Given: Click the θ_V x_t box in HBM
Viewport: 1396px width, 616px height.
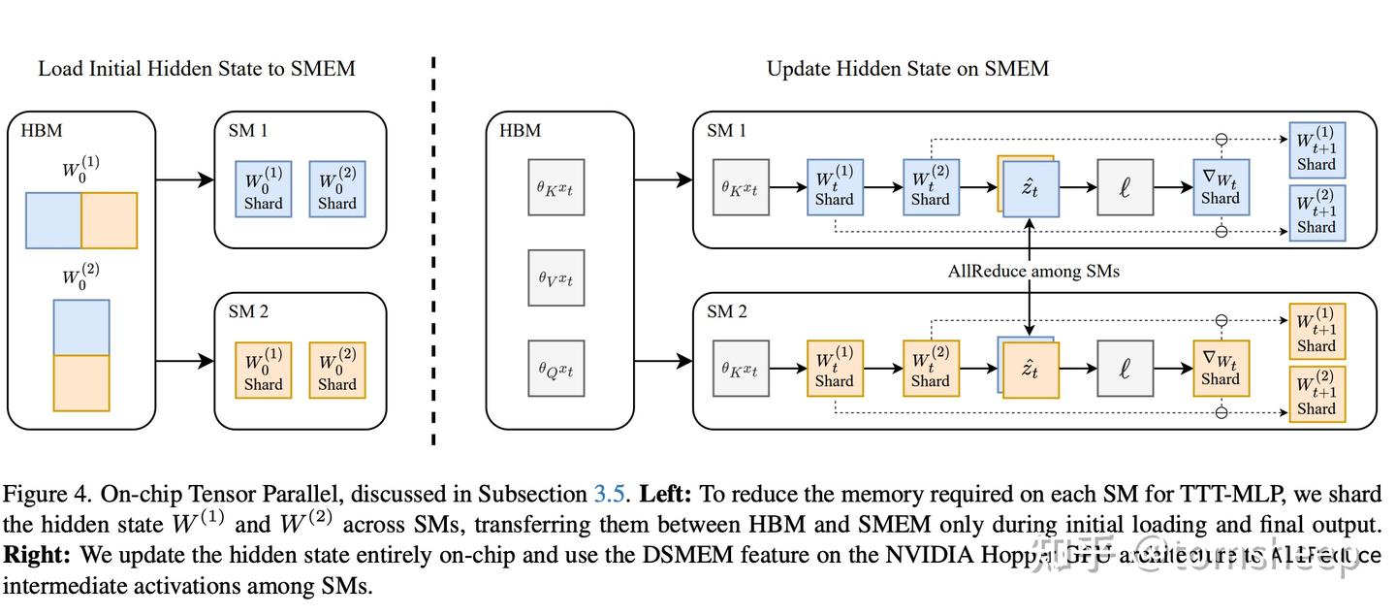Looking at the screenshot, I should (555, 278).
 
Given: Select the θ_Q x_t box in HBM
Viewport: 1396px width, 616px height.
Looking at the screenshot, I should (555, 369).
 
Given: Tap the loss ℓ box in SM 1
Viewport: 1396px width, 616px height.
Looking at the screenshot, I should (1125, 187).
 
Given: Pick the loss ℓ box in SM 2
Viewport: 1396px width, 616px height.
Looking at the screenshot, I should (1125, 369).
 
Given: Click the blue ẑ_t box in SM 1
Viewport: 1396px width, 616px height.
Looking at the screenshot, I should (1031, 188).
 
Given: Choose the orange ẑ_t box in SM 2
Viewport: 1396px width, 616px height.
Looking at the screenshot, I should (1031, 371).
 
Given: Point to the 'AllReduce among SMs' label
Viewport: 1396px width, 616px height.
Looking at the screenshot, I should (1032, 272).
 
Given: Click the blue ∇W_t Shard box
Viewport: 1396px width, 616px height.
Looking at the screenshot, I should (1221, 187).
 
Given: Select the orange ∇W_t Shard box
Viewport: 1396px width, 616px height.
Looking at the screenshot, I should (1221, 369).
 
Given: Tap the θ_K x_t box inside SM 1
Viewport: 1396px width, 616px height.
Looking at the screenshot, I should (740, 187).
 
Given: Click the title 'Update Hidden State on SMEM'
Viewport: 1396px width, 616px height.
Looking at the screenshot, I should (907, 69).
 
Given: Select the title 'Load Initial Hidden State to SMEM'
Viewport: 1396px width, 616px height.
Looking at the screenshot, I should (197, 69).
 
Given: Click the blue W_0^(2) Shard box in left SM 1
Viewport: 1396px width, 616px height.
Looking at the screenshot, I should (337, 189).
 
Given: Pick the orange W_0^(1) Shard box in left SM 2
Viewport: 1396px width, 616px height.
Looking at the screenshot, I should (263, 371).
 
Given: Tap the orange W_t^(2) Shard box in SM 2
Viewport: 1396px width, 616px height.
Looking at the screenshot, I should (930, 369).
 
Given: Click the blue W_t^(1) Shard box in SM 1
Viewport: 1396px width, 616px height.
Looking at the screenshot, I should (834, 187).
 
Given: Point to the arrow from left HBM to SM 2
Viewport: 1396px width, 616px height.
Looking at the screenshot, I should (184, 361).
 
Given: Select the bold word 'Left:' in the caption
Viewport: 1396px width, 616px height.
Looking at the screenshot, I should (665, 495).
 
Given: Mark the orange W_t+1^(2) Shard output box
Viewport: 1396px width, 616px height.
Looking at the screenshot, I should (1317, 394).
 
